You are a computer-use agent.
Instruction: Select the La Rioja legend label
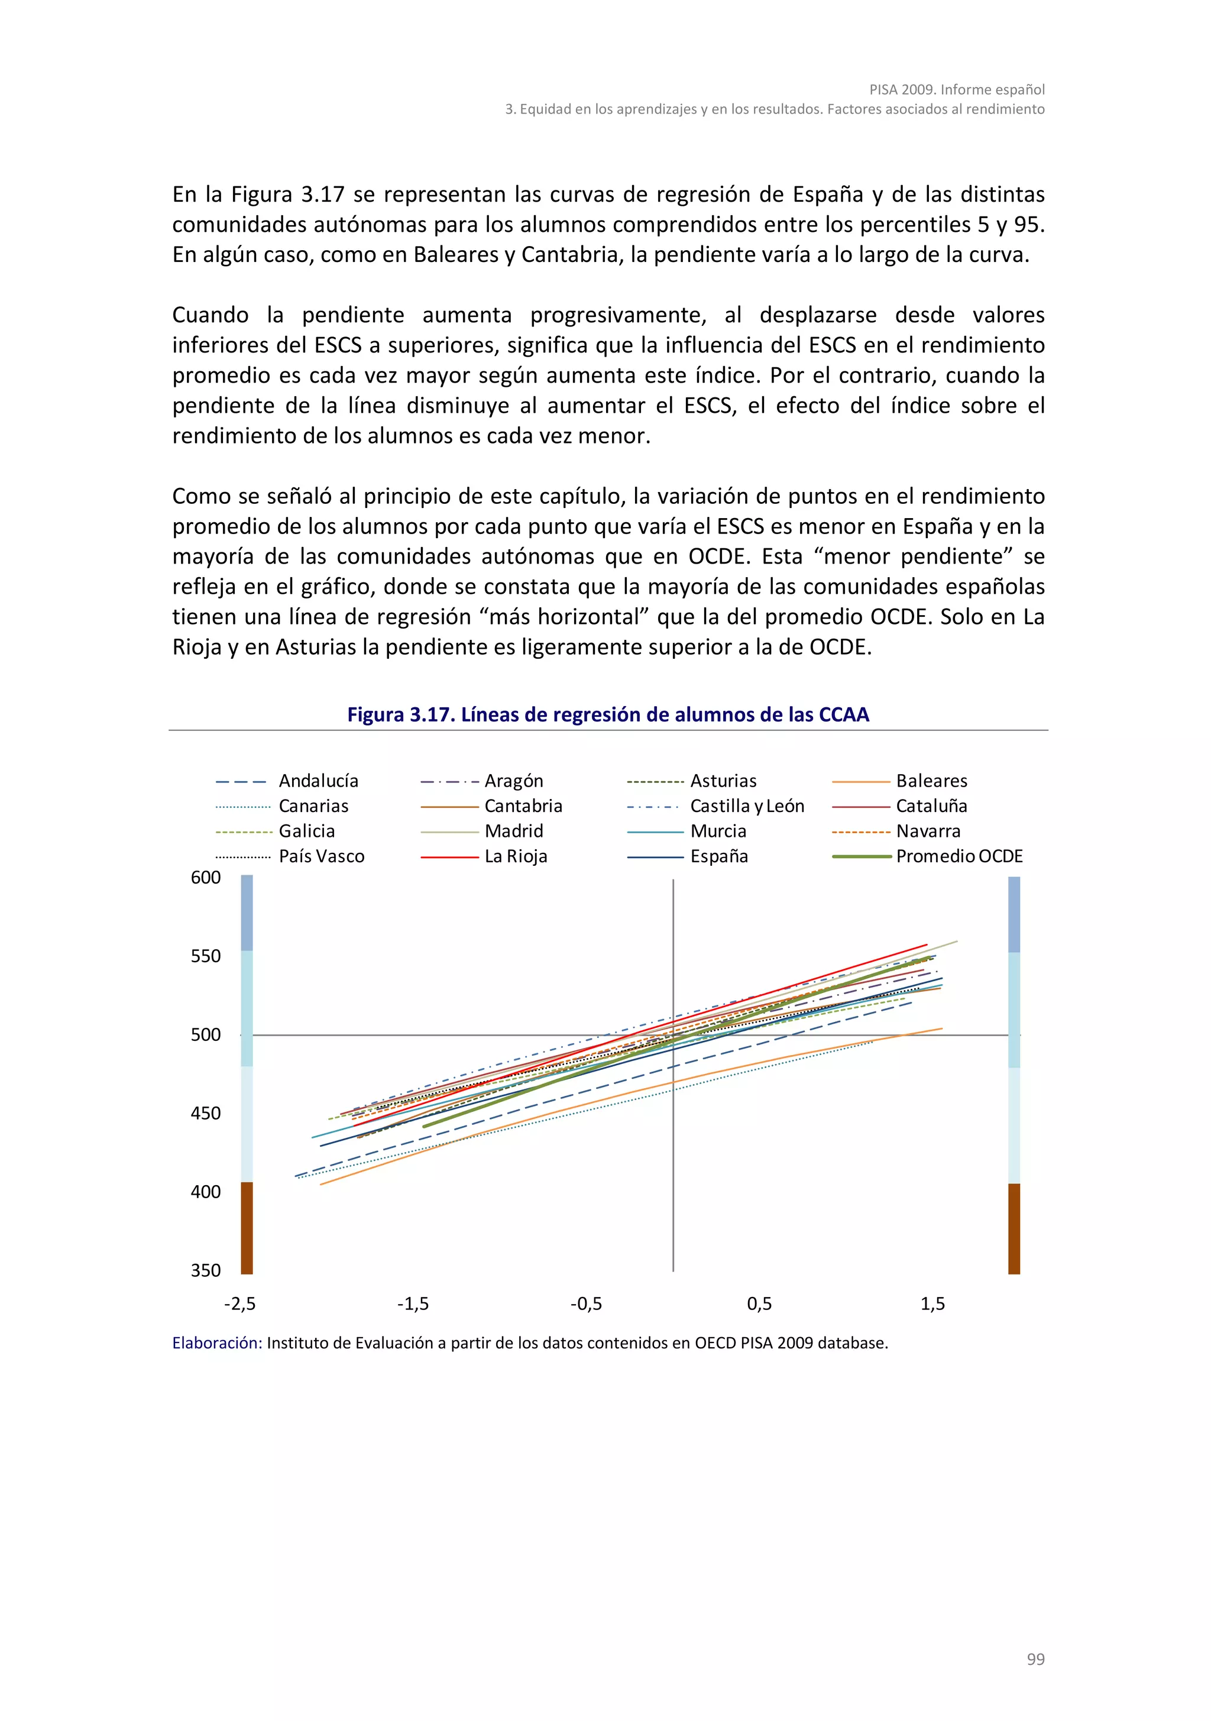pos(516,857)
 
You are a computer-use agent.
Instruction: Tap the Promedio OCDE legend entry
pos(959,857)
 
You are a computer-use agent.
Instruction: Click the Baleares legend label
pos(931,781)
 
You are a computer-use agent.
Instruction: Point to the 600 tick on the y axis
pos(206,878)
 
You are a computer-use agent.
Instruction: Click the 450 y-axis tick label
pos(206,1114)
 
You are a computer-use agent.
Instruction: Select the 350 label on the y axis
pos(206,1270)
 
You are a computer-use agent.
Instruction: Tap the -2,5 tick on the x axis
pos(240,1304)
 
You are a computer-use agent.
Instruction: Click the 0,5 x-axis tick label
pos(759,1304)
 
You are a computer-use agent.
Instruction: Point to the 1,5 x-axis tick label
pos(932,1304)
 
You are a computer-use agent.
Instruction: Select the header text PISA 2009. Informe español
pos(957,90)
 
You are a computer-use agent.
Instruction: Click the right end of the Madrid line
pos(956,942)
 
